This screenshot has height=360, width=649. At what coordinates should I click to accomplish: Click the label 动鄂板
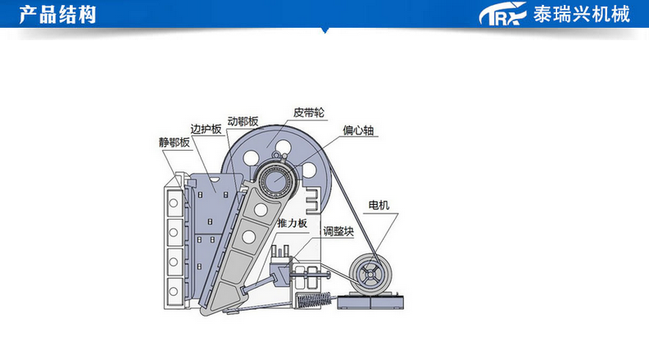coord(243,122)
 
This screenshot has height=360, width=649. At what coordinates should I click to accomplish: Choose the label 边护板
coord(206,130)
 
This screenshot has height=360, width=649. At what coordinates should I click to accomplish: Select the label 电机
coord(379,204)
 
